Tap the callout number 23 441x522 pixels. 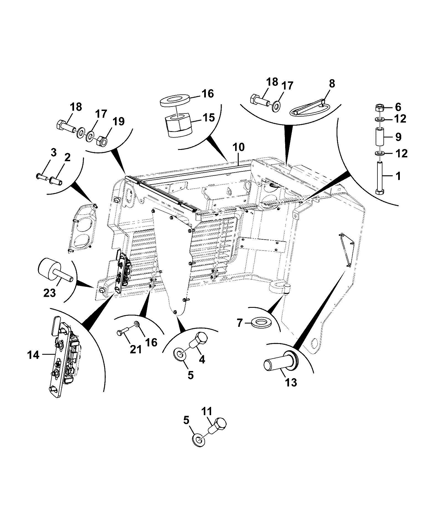(x=50, y=293)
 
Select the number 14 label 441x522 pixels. (x=33, y=355)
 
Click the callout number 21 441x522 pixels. (x=136, y=349)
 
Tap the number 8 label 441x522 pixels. (x=332, y=83)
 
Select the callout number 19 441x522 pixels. (x=118, y=121)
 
